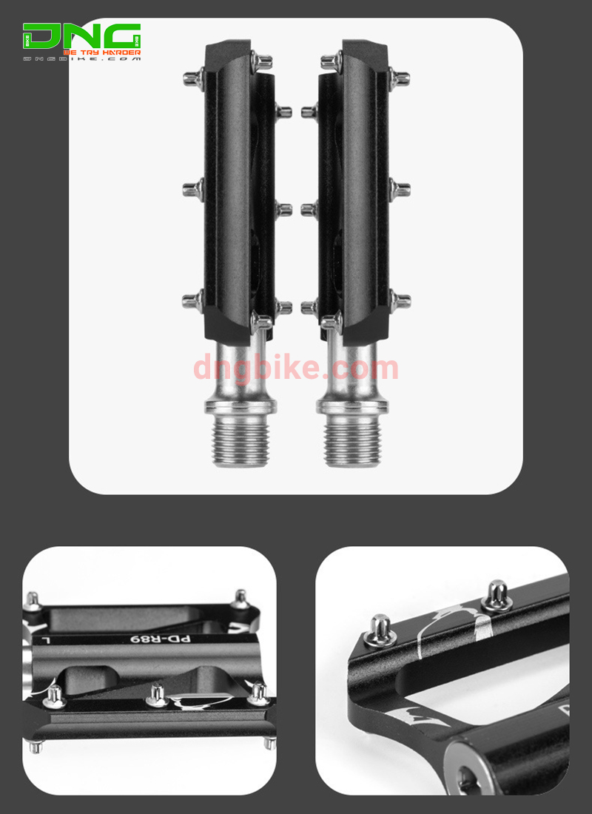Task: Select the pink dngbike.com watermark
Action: [296, 368]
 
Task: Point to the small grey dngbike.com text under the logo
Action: [81, 60]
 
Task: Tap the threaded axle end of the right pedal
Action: [351, 441]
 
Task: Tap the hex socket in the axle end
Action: [468, 777]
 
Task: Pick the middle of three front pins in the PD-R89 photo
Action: [155, 694]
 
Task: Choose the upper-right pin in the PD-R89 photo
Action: [240, 598]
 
